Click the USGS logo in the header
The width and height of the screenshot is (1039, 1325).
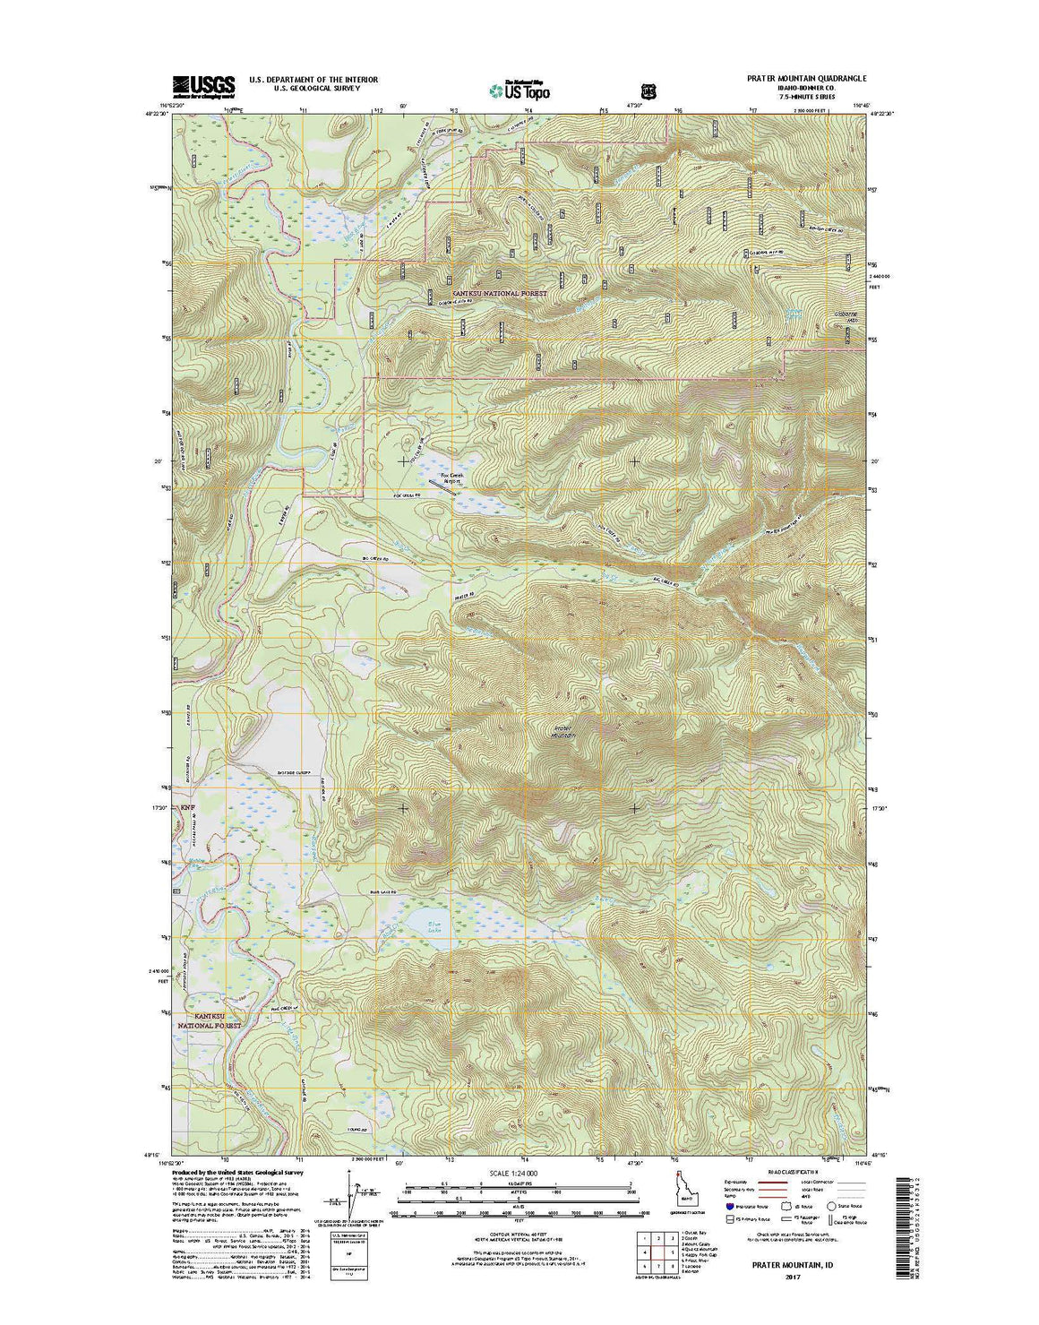pyautogui.click(x=203, y=85)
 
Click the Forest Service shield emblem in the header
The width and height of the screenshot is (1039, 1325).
pyautogui.click(x=648, y=90)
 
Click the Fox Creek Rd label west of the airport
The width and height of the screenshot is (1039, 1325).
pyautogui.click(x=408, y=495)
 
